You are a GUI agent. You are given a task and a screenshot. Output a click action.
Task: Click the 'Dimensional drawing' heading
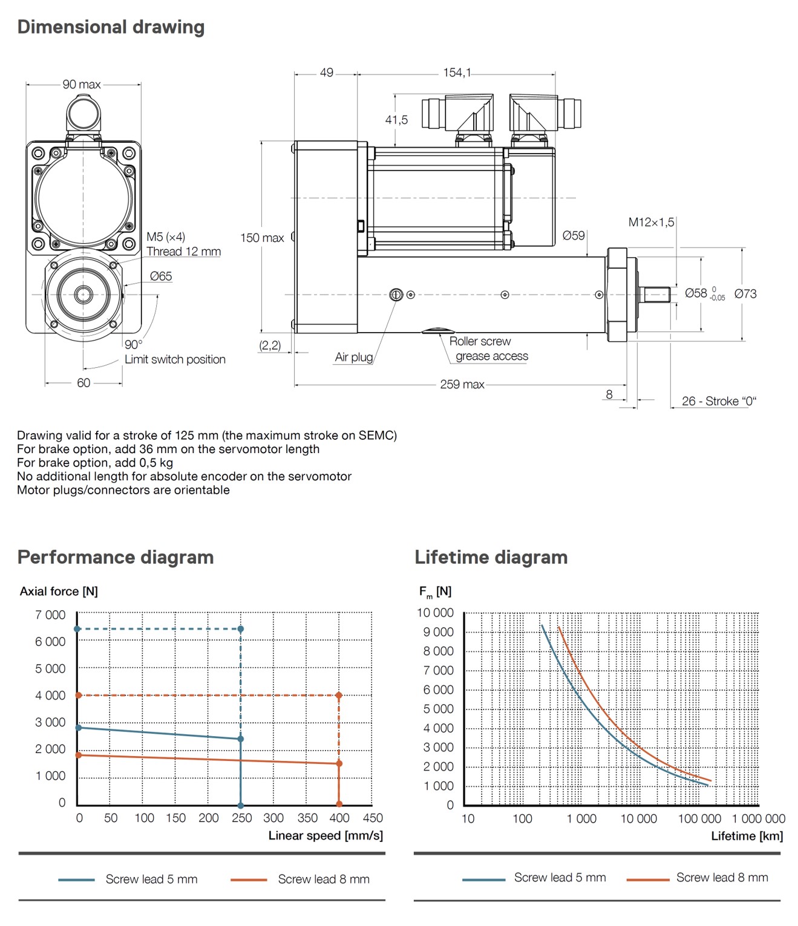point(111,27)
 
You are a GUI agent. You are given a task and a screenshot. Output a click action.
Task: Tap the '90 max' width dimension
point(82,85)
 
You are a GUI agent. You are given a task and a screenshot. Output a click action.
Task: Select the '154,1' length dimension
point(456,73)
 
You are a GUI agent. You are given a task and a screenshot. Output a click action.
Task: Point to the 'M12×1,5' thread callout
point(651,222)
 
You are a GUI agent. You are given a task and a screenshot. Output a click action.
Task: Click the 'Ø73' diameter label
point(745,294)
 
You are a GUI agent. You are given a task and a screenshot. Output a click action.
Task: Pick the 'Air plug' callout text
point(354,357)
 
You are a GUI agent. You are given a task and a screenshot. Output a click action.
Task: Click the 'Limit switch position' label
point(175,359)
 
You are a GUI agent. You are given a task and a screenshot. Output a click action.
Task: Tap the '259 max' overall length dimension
point(462,385)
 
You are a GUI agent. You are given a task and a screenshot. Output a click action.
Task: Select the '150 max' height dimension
point(262,238)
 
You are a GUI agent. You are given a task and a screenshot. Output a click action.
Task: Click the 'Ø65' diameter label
point(161,276)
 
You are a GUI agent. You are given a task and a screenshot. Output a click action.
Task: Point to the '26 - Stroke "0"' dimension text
point(719,401)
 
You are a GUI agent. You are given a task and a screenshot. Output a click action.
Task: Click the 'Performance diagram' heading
point(116,557)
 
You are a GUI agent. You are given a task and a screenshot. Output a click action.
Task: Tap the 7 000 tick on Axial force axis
point(50,615)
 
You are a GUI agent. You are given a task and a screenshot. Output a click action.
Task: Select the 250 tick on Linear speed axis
point(241,818)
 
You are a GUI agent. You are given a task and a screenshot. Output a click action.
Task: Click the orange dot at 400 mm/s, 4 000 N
point(339,696)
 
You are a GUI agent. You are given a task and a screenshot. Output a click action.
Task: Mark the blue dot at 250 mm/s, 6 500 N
point(241,629)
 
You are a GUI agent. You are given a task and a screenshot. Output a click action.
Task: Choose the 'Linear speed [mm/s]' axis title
point(325,835)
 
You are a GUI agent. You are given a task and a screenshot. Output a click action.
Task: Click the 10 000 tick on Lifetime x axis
point(638,818)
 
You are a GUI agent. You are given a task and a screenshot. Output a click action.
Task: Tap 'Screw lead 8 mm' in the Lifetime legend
point(722,878)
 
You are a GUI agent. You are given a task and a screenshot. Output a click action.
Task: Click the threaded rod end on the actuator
point(655,295)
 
